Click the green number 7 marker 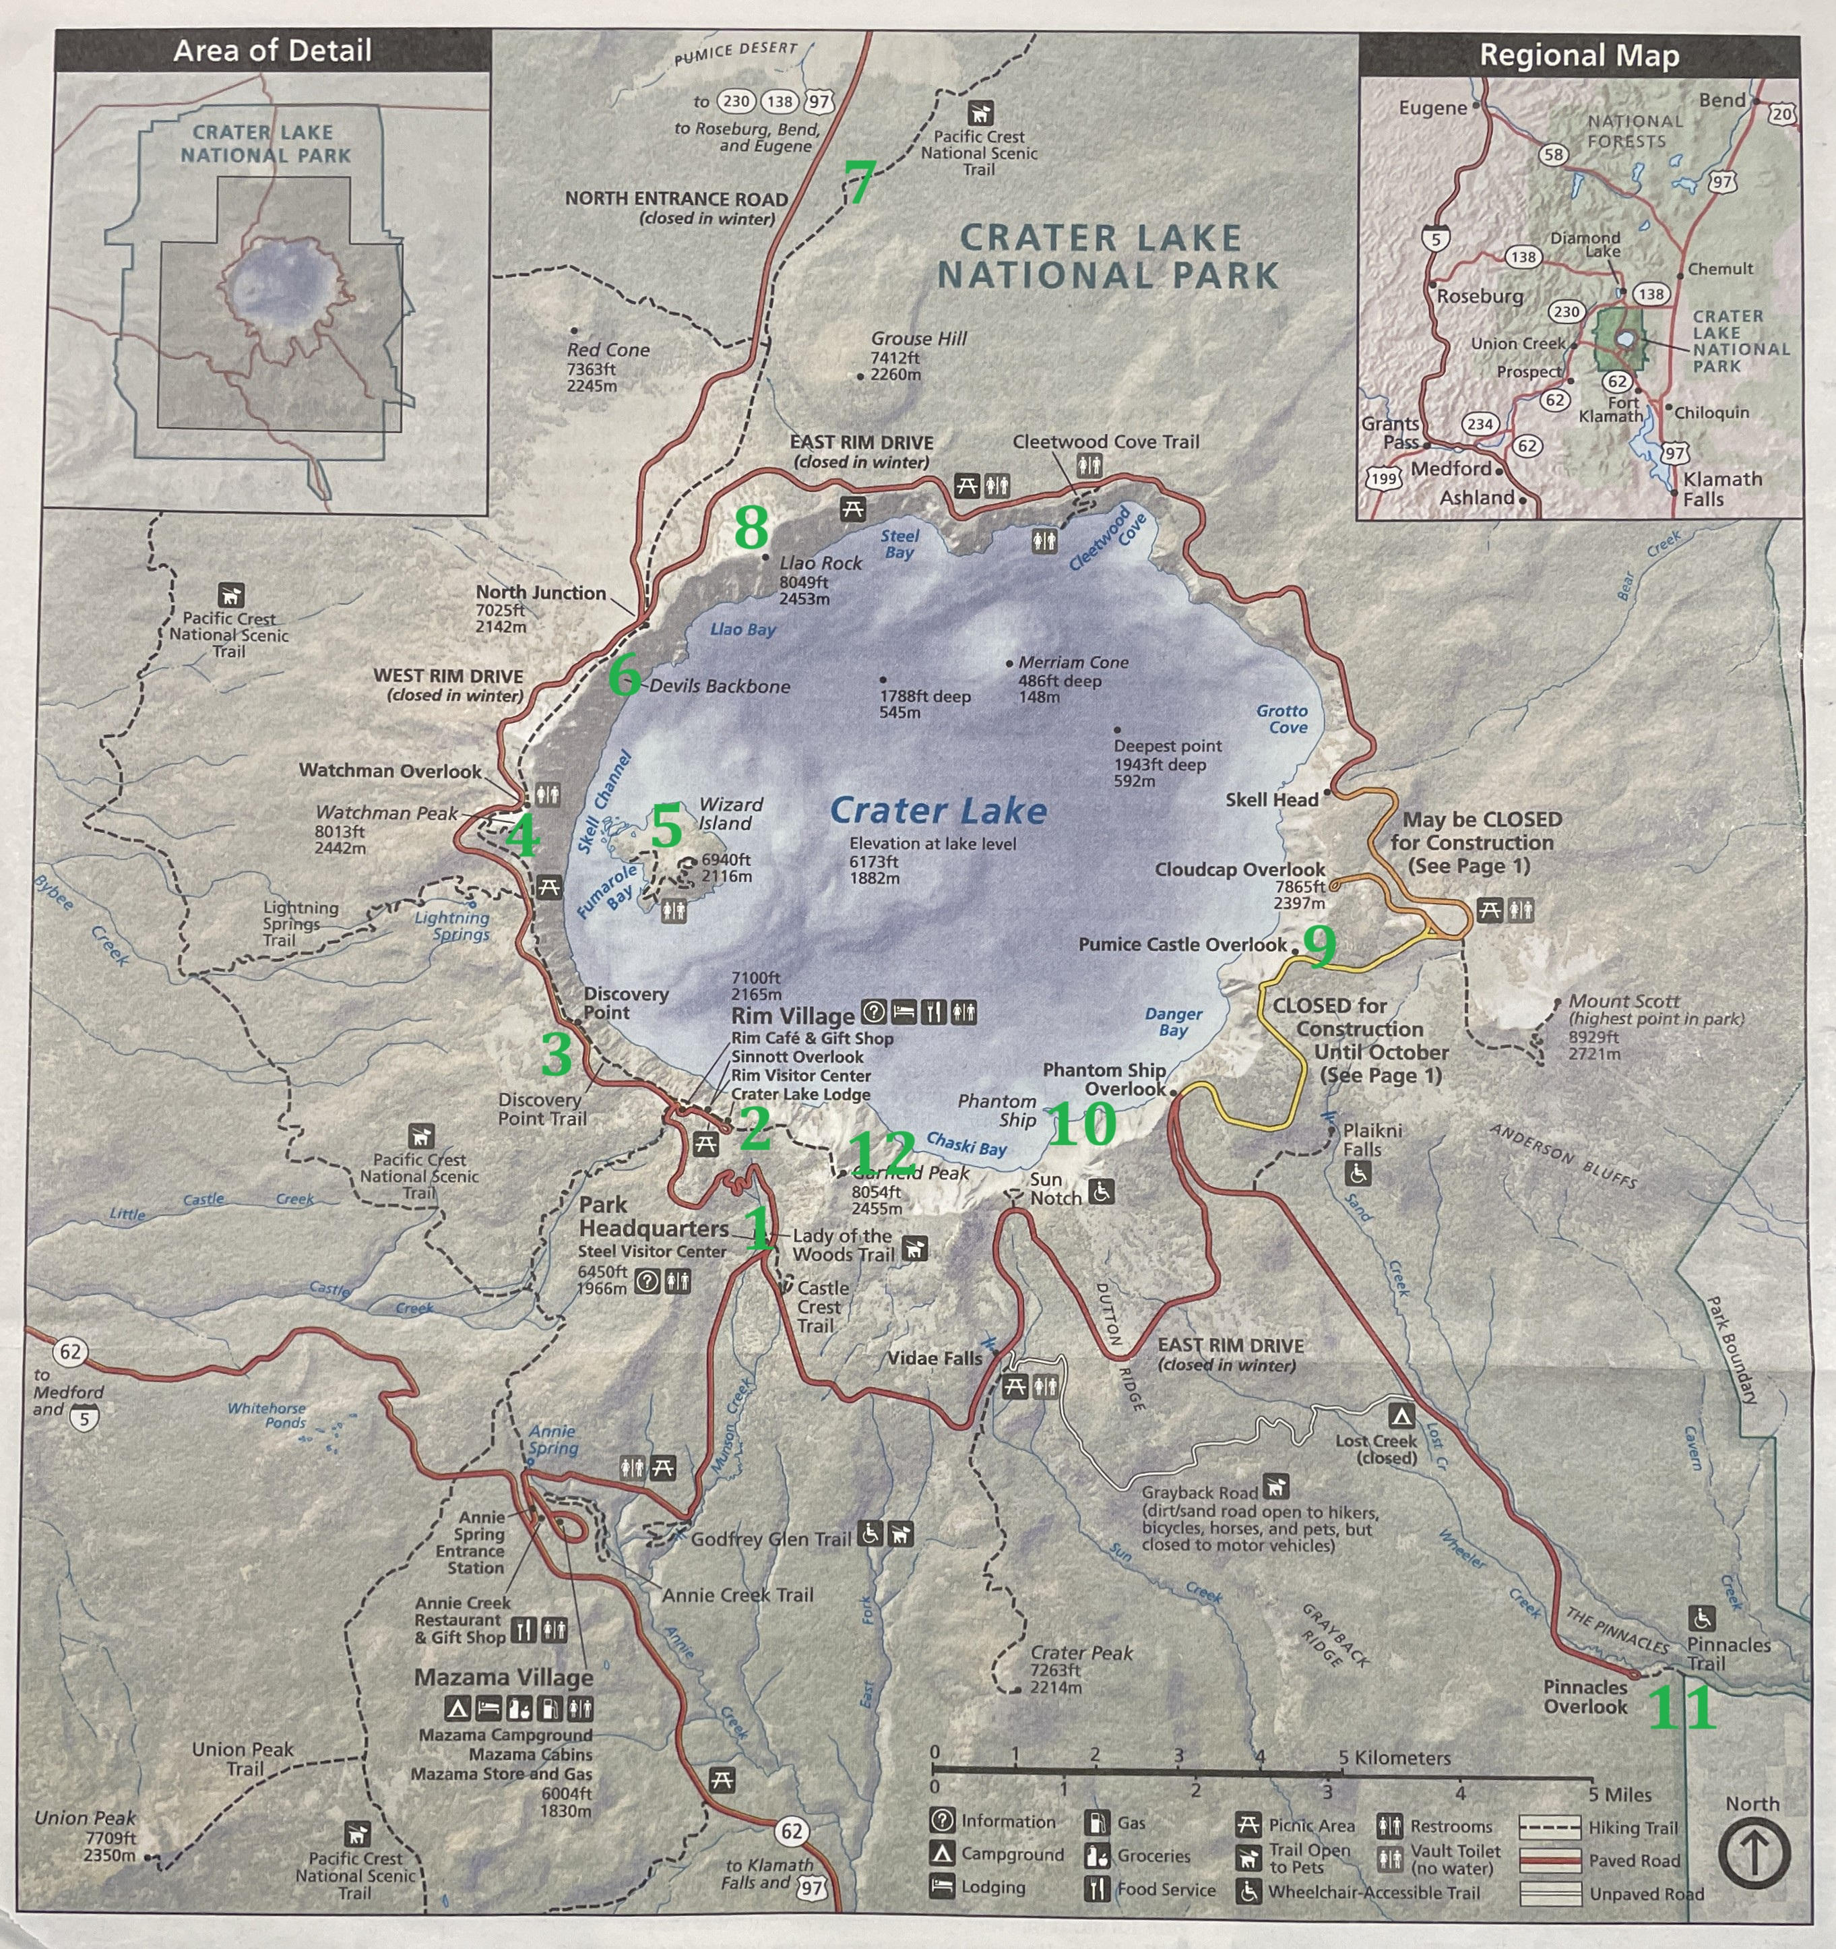point(858,183)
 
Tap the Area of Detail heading point(272,51)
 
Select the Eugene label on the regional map point(1432,108)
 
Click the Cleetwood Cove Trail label point(1105,442)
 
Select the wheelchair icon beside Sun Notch point(1101,1191)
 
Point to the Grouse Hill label point(918,339)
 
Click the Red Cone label point(608,350)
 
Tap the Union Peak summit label point(86,1818)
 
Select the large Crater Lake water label point(938,811)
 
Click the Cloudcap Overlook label point(1239,869)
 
